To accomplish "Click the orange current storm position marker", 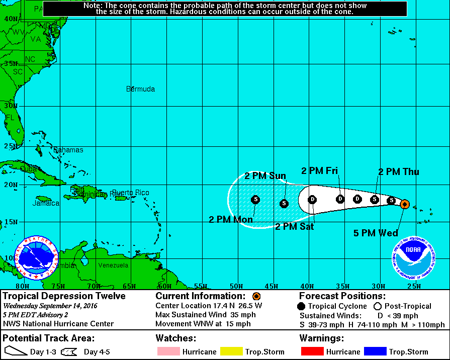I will click(405, 204).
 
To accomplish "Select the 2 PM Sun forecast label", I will click(265, 176).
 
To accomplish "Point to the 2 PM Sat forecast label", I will click(295, 227).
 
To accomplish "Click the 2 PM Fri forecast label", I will click(319, 170).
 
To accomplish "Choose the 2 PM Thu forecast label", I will click(398, 172).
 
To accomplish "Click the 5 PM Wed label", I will click(376, 233).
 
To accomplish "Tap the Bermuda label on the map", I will click(140, 89).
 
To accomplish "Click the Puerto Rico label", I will click(130, 193).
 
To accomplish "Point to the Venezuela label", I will click(113, 265).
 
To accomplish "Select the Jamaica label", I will click(46, 204).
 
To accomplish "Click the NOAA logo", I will click(414, 258).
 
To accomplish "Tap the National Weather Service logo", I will click(36, 258).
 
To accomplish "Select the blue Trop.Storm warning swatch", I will click(373, 352).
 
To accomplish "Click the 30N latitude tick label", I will click(11, 106).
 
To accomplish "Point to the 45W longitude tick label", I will click(272, 286).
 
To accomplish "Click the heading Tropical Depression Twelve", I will click(64, 296).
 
